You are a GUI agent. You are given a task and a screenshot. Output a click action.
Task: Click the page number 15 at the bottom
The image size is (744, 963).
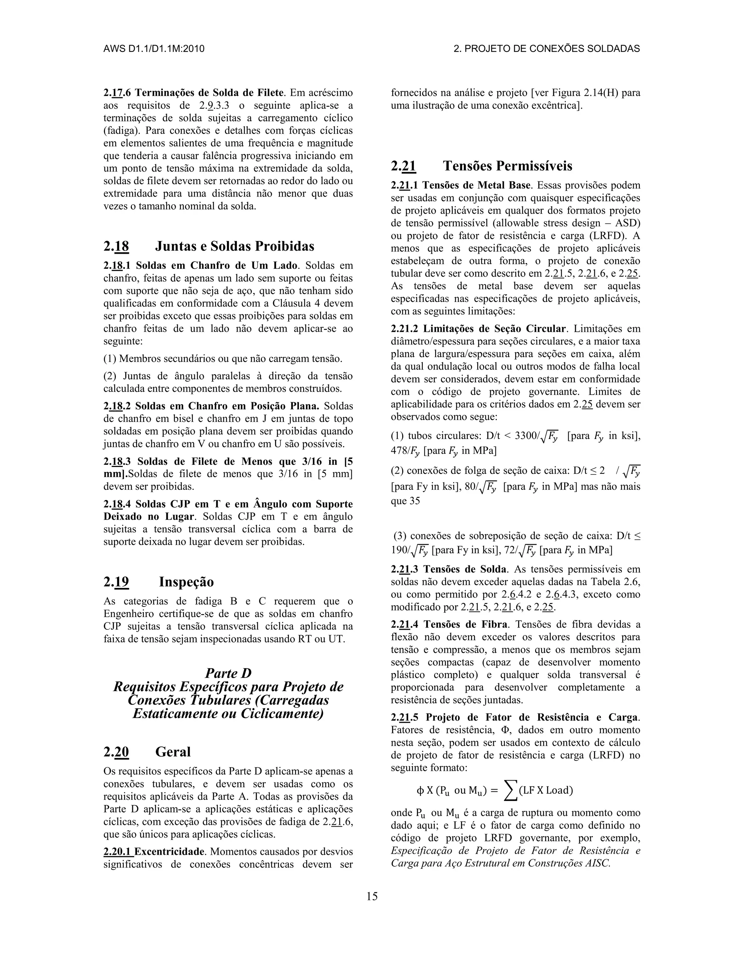coord(372,896)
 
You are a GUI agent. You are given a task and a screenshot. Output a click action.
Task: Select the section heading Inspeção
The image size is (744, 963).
coord(186,582)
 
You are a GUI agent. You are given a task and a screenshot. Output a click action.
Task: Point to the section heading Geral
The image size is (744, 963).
coord(173,752)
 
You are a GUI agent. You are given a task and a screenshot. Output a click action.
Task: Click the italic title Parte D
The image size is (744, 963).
coord(228,673)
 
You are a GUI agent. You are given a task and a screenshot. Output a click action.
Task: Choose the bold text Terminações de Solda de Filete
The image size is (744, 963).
coord(209,93)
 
